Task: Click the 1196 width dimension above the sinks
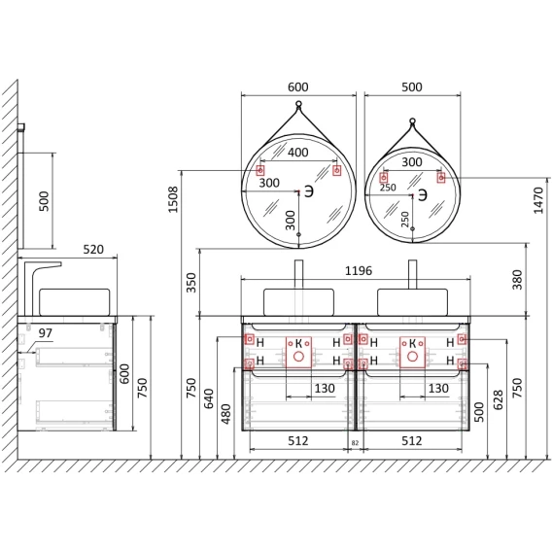click(359, 271)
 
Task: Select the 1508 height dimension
click(173, 199)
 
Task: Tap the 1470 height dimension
click(538, 200)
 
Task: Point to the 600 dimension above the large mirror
click(297, 86)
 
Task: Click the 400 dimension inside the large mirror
click(297, 153)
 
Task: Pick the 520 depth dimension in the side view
click(93, 249)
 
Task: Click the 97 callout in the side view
click(45, 332)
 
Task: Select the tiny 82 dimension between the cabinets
click(355, 443)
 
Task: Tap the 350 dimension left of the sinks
click(190, 283)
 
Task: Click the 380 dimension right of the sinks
click(517, 280)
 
